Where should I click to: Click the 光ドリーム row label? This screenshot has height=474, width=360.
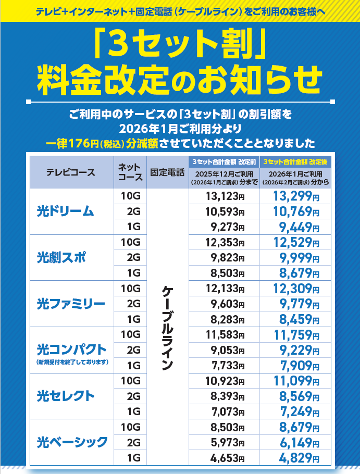(x=65, y=211)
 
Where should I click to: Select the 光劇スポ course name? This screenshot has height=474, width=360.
(x=61, y=257)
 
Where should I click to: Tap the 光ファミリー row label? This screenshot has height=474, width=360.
(x=71, y=303)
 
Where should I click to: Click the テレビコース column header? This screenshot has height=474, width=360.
(x=71, y=172)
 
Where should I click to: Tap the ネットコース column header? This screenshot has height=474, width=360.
(x=129, y=172)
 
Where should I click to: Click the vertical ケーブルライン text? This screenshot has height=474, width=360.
(x=167, y=327)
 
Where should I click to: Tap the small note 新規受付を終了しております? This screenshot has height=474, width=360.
(x=72, y=361)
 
